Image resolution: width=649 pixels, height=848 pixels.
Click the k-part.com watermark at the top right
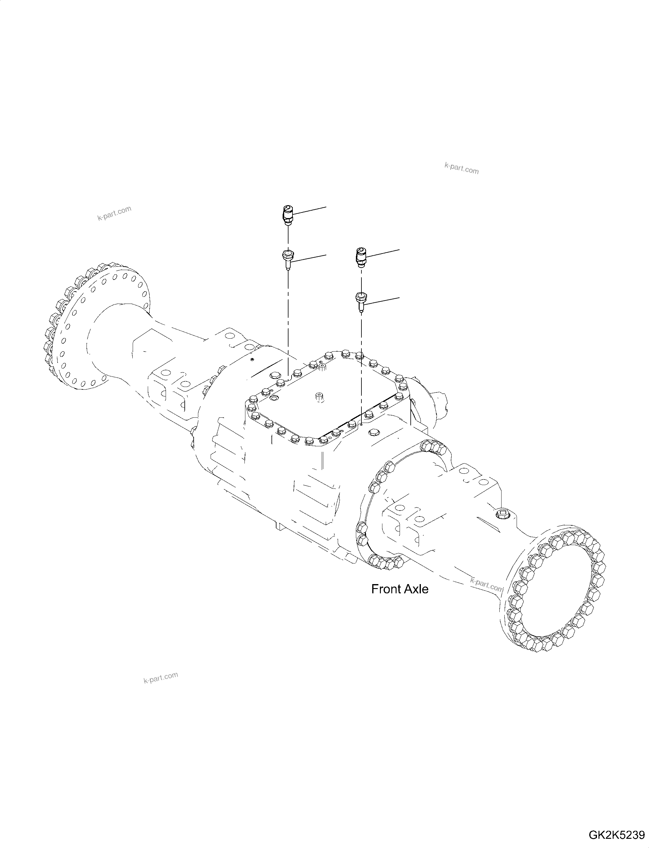[462, 169]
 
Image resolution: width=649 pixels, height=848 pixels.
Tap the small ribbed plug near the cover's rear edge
[321, 368]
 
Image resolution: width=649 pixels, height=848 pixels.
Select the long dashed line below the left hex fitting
[288, 324]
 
